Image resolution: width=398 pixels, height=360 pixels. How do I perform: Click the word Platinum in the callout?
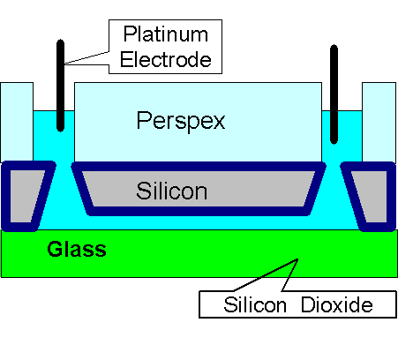[166, 34]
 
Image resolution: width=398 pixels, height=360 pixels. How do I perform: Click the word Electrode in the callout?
[166, 60]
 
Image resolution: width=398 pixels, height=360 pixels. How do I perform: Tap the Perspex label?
[181, 121]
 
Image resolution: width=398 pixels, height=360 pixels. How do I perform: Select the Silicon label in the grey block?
[172, 191]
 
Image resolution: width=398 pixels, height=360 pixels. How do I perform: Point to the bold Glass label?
[77, 250]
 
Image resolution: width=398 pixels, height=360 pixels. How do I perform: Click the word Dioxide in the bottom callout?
[337, 304]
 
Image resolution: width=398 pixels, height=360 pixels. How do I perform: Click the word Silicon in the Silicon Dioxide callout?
[255, 304]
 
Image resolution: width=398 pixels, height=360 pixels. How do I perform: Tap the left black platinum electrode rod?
[60, 86]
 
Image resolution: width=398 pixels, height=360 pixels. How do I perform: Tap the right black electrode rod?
[334, 94]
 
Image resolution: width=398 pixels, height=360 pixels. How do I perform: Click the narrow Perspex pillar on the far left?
[17, 122]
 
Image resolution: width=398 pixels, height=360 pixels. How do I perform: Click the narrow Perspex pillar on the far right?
[379, 122]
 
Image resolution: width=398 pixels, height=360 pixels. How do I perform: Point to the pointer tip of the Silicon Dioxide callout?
[297, 259]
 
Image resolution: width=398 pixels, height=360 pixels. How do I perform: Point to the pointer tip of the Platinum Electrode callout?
[65, 64]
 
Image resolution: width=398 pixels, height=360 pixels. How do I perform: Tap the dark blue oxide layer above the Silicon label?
[199, 167]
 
